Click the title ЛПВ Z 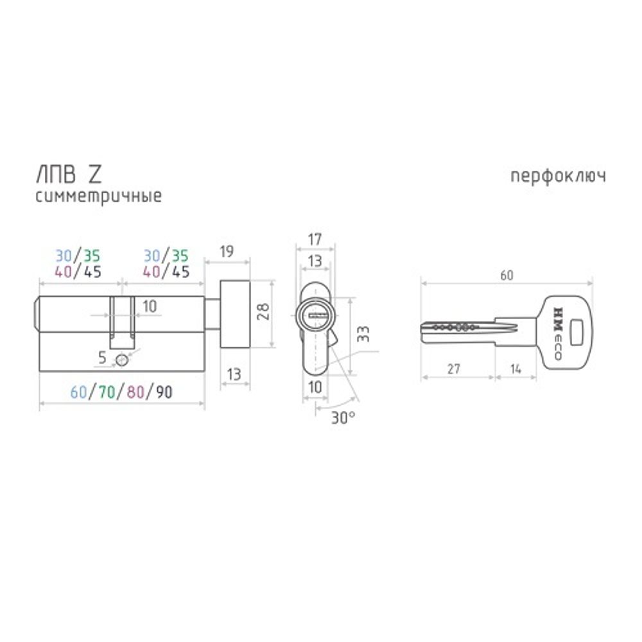(67, 175)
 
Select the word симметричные (98, 196)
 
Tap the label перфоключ (558, 177)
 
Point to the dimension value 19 (227, 252)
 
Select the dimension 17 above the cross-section (315, 240)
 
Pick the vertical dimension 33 (363, 334)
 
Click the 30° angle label (343, 417)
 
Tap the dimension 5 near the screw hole (102, 358)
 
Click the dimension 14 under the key (515, 369)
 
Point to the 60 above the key (506, 275)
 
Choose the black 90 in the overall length (164, 392)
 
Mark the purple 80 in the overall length (135, 392)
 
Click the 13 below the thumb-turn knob (235, 375)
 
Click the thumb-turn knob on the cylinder (235, 314)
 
